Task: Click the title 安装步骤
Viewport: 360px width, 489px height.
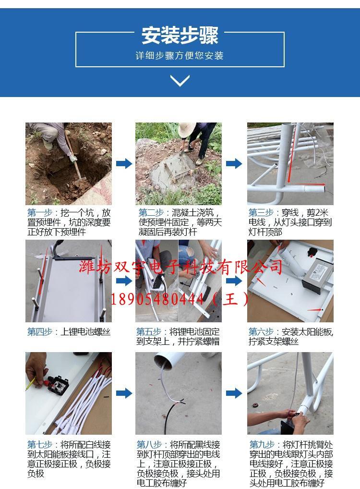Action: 180,35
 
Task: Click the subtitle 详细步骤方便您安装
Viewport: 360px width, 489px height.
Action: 180,56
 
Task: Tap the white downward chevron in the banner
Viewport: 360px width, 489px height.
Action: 180,81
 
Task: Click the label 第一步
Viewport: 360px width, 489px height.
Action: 39,213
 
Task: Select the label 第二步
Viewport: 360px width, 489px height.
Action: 151,213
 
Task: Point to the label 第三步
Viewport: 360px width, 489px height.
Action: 261,213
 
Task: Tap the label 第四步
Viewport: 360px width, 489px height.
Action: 39,332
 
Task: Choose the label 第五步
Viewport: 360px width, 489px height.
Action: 149,332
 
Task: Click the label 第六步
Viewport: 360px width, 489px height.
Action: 261,332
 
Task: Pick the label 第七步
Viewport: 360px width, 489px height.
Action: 39,445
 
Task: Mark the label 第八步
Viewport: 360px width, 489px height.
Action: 149,445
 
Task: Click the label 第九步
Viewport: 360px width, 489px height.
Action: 262,445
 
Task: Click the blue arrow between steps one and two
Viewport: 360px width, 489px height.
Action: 124,163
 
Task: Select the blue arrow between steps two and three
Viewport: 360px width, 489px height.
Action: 234,163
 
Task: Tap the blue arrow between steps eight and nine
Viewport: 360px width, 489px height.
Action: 234,393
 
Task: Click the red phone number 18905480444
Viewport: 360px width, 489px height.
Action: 157,299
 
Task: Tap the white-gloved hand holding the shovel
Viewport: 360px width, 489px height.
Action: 73,159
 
